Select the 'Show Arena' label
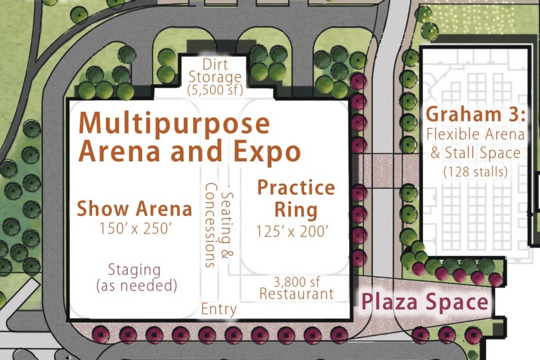[x=134, y=209]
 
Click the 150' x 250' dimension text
[x=134, y=228]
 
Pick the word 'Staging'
[x=134, y=269]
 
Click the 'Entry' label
[x=219, y=309]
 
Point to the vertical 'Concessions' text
[x=210, y=225]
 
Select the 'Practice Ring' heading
[x=296, y=199]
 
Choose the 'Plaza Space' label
[x=425, y=302]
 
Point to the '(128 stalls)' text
[x=475, y=172]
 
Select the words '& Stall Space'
[x=475, y=153]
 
